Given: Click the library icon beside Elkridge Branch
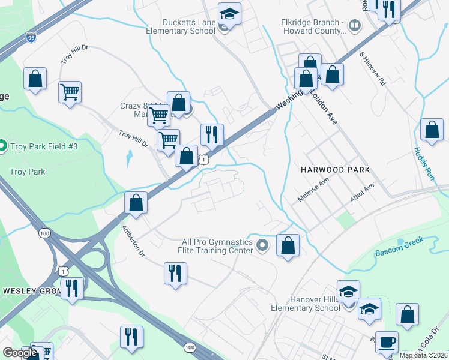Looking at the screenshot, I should click(355, 25).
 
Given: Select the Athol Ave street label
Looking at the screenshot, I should click(363, 192).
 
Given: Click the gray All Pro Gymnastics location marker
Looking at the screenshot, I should click(262, 245).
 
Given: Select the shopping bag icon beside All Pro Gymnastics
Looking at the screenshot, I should click(288, 244).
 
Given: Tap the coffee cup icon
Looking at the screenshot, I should click(387, 341).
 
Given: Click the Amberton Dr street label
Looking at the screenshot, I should click(133, 241).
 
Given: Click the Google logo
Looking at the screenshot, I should click(19, 353).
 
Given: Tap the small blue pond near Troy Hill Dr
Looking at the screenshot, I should click(128, 159).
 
